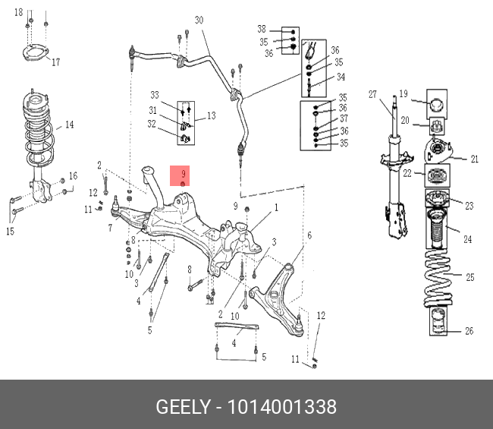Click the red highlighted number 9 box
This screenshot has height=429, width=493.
pyautogui.click(x=184, y=176)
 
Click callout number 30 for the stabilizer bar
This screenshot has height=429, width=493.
pyautogui.click(x=199, y=21)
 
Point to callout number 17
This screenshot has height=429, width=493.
pyautogui.click(x=55, y=62)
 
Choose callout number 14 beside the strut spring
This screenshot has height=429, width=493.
pyautogui.click(x=69, y=125)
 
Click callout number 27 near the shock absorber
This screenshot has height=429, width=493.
pyautogui.click(x=372, y=95)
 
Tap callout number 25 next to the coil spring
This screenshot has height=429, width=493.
pyautogui.click(x=469, y=277)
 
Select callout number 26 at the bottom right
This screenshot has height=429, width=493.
pyautogui.click(x=468, y=331)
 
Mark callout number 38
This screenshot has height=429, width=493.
pyautogui.click(x=262, y=30)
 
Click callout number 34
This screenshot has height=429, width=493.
pyautogui.click(x=341, y=77)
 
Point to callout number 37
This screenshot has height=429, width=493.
pyautogui.click(x=344, y=119)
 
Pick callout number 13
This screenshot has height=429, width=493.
pyautogui.click(x=211, y=115)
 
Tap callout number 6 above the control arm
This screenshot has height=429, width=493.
pyautogui.click(x=309, y=235)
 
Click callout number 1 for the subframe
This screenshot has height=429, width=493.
pyautogui.click(x=276, y=207)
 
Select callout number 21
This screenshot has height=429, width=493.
pyautogui.click(x=474, y=159)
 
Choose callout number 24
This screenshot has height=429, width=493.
pyautogui.click(x=467, y=240)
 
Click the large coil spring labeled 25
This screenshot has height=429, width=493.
pyautogui.click(x=438, y=281)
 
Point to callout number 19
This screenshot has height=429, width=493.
pyautogui.click(x=404, y=93)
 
